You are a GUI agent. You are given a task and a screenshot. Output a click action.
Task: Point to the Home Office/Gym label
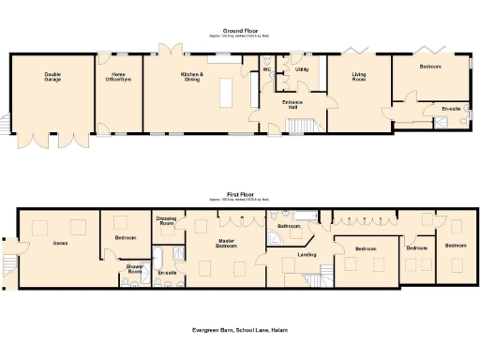(x=118, y=78)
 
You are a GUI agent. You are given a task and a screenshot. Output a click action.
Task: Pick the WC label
(x=266, y=69)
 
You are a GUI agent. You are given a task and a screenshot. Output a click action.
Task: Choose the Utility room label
(x=301, y=69)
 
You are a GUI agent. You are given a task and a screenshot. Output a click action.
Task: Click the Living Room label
(x=359, y=78)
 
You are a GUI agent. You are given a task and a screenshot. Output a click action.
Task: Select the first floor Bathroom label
(x=289, y=226)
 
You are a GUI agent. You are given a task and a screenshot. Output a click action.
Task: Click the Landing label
(x=307, y=255)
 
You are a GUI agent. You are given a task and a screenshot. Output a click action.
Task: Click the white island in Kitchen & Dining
(x=225, y=93)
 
